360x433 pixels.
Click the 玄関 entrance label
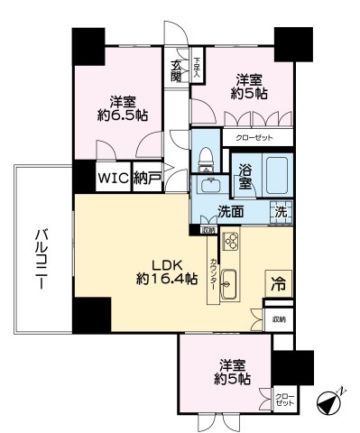tap(177, 71)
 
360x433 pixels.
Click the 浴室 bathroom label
tap(245, 175)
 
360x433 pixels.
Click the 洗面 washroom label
tap(230, 213)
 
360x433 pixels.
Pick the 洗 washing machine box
tap(281, 213)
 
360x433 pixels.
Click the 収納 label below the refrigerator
tap(278, 319)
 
